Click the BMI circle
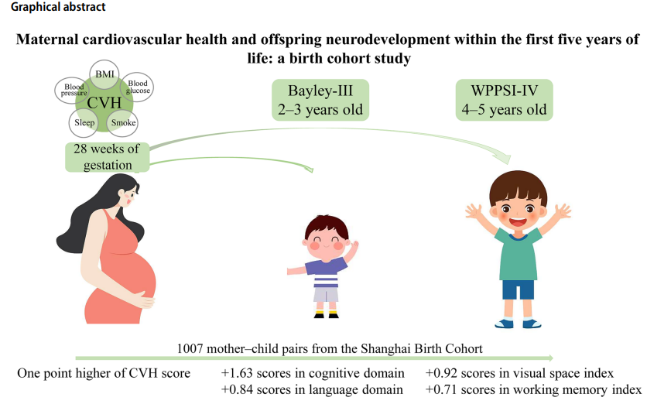click(104, 74)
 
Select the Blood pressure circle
click(72, 91)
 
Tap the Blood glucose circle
click(137, 87)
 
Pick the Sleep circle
click(84, 123)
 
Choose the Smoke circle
click(123, 123)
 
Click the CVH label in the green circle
click(104, 103)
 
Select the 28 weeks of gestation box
click(107, 157)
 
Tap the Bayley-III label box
click(320, 100)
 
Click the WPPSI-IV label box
click(504, 100)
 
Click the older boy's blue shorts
click(518, 289)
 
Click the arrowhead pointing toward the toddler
click(308, 169)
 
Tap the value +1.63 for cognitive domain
click(237, 373)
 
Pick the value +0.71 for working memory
click(441, 389)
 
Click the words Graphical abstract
click(58, 7)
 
